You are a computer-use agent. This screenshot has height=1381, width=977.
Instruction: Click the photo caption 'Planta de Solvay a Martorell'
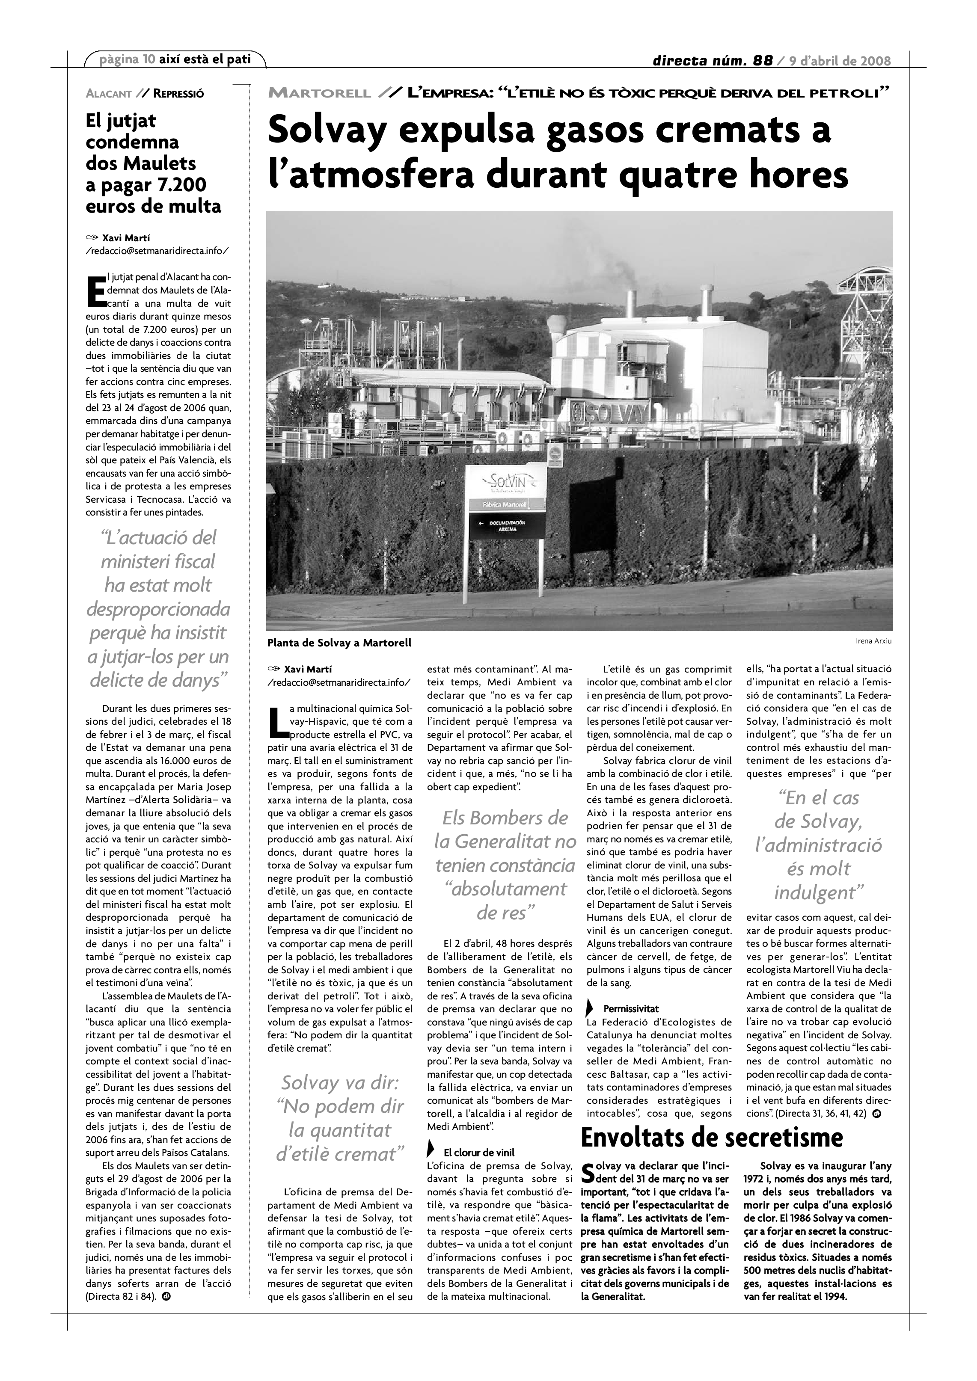pyautogui.click(x=339, y=643)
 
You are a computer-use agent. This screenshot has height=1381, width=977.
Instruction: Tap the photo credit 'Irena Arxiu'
pyautogui.click(x=873, y=640)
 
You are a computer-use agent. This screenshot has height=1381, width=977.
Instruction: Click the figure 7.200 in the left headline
pyautogui.click(x=181, y=185)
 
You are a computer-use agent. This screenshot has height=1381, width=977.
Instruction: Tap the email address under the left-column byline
pyautogui.click(x=157, y=250)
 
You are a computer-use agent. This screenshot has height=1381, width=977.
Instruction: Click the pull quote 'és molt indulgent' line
pyautogui.click(x=819, y=880)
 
